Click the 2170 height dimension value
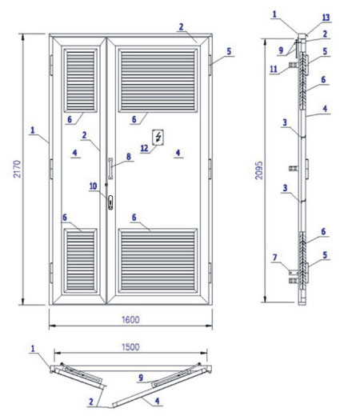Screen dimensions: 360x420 pyautogui.click(x=17, y=169)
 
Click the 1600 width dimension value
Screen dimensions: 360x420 pyautogui.click(x=130, y=319)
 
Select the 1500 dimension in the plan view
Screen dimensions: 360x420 pyautogui.click(x=130, y=347)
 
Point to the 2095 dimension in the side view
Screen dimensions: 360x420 pyautogui.click(x=259, y=170)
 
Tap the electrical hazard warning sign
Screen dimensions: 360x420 pyautogui.click(x=158, y=138)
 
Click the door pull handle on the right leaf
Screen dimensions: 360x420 pyautogui.click(x=110, y=168)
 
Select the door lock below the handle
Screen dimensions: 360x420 pyautogui.click(x=110, y=202)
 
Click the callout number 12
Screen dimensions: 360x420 pyautogui.click(x=144, y=148)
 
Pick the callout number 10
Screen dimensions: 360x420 pyautogui.click(x=94, y=186)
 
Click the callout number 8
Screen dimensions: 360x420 pyautogui.click(x=129, y=157)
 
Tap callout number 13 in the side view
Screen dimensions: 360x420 pyautogui.click(x=326, y=18)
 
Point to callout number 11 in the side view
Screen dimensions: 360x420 pyautogui.click(x=274, y=69)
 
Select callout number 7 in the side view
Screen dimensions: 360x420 pyautogui.click(x=275, y=258)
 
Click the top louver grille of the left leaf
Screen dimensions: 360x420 pyautogui.click(x=80, y=80)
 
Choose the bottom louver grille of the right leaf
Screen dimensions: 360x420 pyautogui.click(x=158, y=261)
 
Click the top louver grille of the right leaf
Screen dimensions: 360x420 pyautogui.click(x=158, y=80)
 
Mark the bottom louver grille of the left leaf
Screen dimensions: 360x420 pyautogui.click(x=80, y=261)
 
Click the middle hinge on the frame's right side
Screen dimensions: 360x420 pyautogui.click(x=210, y=169)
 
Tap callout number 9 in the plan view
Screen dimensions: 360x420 pyautogui.click(x=141, y=378)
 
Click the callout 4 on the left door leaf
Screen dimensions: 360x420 pyautogui.click(x=74, y=153)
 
